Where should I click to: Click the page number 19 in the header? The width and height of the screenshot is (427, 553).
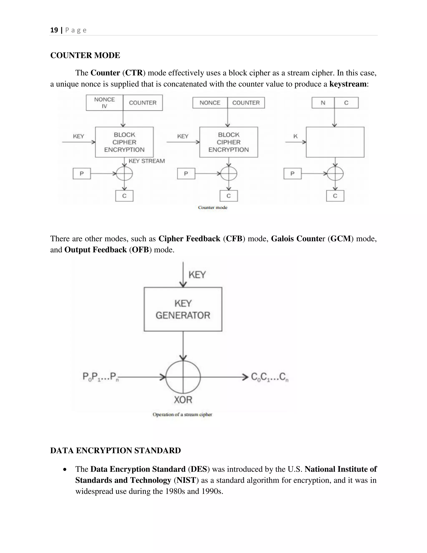tap(54, 30)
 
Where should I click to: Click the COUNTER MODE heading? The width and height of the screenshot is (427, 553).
tap(85, 55)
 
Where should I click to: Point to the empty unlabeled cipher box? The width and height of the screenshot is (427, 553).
tap(335, 142)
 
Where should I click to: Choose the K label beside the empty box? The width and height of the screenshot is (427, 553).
tap(295, 136)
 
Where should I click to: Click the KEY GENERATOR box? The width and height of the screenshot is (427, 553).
tap(183, 309)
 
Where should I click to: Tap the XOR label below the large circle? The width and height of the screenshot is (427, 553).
tap(183, 400)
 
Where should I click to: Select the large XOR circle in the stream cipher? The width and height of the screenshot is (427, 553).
tap(183, 377)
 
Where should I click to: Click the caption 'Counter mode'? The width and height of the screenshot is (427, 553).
tap(212, 208)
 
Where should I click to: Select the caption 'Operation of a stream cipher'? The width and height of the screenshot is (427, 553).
tap(182, 414)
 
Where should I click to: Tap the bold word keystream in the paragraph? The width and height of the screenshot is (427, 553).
tap(348, 84)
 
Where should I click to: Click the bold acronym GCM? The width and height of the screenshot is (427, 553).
tap(340, 239)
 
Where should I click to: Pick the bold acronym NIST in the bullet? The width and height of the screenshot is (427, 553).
tap(186, 480)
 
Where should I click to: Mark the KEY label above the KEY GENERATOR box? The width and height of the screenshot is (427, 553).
tap(197, 275)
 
